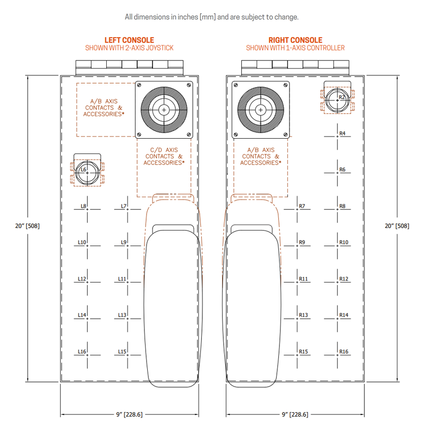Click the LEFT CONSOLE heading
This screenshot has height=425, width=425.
[130, 40]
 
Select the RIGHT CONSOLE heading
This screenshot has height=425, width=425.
[295, 40]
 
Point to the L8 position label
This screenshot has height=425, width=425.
[83, 206]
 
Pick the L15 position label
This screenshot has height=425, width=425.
[122, 352]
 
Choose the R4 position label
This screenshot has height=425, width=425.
[342, 133]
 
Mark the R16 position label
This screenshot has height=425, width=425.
[344, 352]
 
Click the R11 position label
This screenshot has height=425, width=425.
[303, 278]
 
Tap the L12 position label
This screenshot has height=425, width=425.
[82, 278]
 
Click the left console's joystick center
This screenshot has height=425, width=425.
[164, 109]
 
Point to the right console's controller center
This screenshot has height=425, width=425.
[260, 109]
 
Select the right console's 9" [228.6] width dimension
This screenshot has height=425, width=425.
[294, 414]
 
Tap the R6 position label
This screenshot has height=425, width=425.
[342, 169]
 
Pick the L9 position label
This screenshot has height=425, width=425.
[123, 242]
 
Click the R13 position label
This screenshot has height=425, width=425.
[303, 315]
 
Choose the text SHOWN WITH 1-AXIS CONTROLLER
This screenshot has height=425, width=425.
[295, 48]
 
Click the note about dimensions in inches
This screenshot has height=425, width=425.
[211, 16]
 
